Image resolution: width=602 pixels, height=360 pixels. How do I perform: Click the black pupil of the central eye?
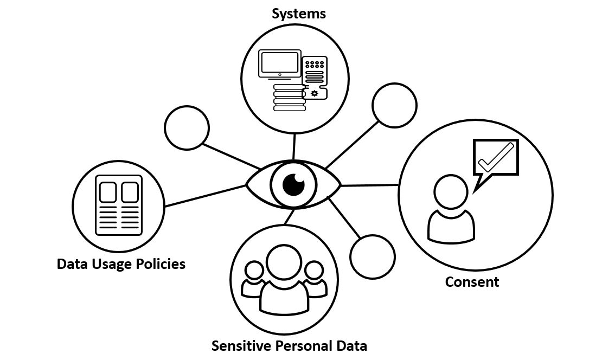294,184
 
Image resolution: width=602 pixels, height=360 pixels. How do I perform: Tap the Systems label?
299,14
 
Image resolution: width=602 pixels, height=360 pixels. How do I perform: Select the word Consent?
472,282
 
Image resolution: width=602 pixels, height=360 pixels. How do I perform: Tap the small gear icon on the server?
315,93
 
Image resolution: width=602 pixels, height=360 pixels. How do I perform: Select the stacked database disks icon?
290,98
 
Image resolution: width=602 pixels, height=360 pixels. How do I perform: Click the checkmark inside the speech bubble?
496,157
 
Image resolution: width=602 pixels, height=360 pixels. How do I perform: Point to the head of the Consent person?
451,191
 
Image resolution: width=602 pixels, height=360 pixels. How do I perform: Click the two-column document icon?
119,205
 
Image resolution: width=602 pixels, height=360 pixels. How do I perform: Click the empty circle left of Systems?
187,127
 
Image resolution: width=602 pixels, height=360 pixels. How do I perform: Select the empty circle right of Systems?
394,105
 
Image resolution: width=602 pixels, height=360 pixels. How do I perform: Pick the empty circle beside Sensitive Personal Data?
373,257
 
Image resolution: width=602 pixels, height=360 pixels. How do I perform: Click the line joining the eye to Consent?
369,185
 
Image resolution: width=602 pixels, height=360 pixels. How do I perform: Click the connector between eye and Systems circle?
294,146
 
